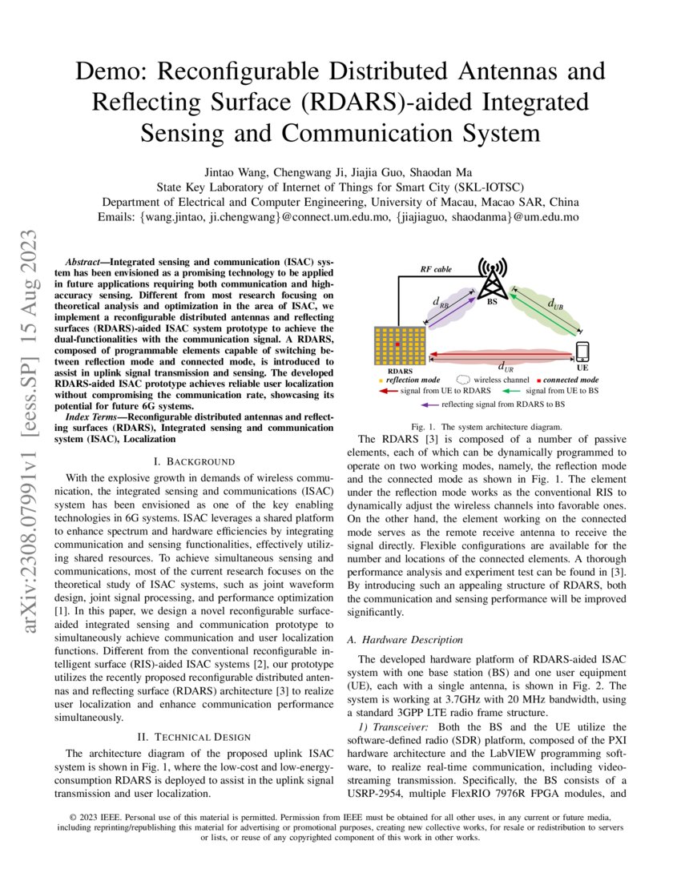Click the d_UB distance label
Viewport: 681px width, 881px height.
pos(554,304)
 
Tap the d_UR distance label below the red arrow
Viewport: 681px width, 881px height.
pos(506,368)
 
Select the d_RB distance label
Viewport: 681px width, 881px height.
pos(441,301)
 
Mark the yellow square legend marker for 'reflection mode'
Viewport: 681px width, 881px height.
pos(380,380)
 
